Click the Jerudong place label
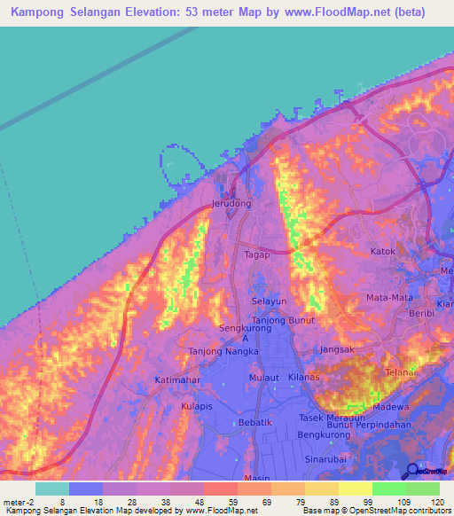pos(231,203)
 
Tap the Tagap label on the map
pos(257,254)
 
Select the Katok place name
pos(383,251)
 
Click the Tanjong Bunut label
pos(284,319)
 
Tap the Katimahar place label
pos(176,380)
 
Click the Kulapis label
pos(198,405)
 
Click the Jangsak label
pos(336,349)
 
